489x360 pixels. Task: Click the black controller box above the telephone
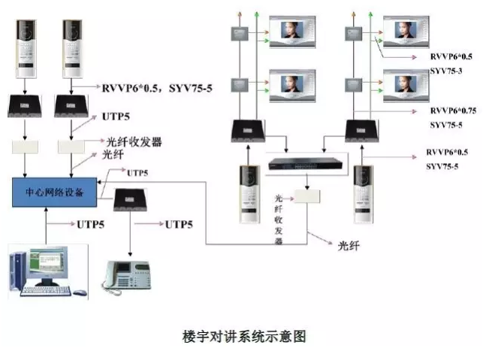tap(130, 201)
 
